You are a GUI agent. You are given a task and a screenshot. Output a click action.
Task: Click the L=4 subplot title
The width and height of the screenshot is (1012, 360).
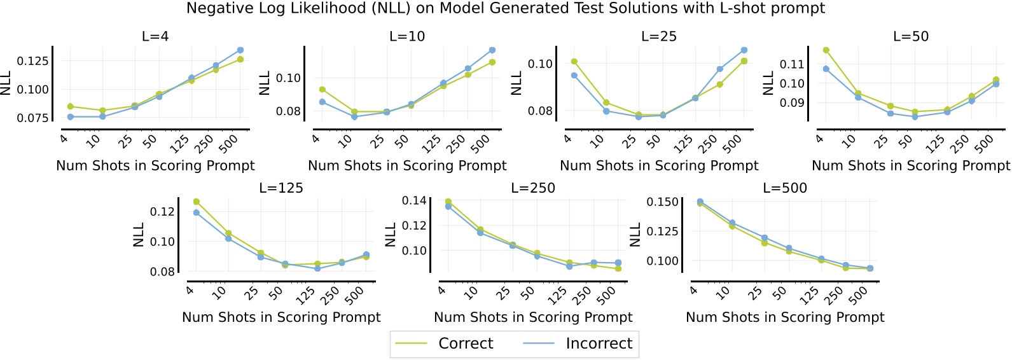(155, 36)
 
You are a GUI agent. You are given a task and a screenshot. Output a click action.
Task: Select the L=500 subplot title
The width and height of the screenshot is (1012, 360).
(785, 188)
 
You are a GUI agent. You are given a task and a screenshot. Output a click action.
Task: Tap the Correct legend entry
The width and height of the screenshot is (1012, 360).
(466, 343)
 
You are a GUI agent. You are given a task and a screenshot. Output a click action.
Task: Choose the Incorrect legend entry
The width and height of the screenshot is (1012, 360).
(599, 343)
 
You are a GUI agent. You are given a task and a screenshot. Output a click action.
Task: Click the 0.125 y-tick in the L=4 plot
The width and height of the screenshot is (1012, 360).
(32, 61)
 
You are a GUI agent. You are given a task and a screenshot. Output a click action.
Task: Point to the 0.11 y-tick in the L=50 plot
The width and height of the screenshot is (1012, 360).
(791, 64)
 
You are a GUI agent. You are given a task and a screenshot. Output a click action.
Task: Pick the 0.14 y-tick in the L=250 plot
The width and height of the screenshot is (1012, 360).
(414, 201)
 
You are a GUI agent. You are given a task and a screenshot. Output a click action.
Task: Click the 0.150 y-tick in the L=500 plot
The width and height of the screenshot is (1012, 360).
(662, 202)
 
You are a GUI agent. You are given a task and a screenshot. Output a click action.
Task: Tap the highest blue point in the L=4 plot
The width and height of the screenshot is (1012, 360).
(240, 50)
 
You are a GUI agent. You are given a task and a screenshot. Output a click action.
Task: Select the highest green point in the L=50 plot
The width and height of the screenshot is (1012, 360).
(826, 50)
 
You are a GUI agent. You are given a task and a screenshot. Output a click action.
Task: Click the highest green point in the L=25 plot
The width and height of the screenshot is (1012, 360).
(574, 62)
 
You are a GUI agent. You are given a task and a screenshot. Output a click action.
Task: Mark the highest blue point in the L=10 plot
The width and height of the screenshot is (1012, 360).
(492, 50)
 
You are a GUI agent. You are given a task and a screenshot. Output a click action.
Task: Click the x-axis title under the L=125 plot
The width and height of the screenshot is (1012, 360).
(281, 317)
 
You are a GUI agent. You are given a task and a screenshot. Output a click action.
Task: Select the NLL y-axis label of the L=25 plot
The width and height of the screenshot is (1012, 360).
(516, 83)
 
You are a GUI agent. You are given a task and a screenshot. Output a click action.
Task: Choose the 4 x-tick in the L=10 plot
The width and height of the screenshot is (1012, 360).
(316, 139)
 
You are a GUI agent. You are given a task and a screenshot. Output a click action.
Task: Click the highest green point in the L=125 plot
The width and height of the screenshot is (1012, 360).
(197, 202)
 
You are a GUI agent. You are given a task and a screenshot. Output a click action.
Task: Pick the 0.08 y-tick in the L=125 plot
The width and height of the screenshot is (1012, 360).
(162, 272)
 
